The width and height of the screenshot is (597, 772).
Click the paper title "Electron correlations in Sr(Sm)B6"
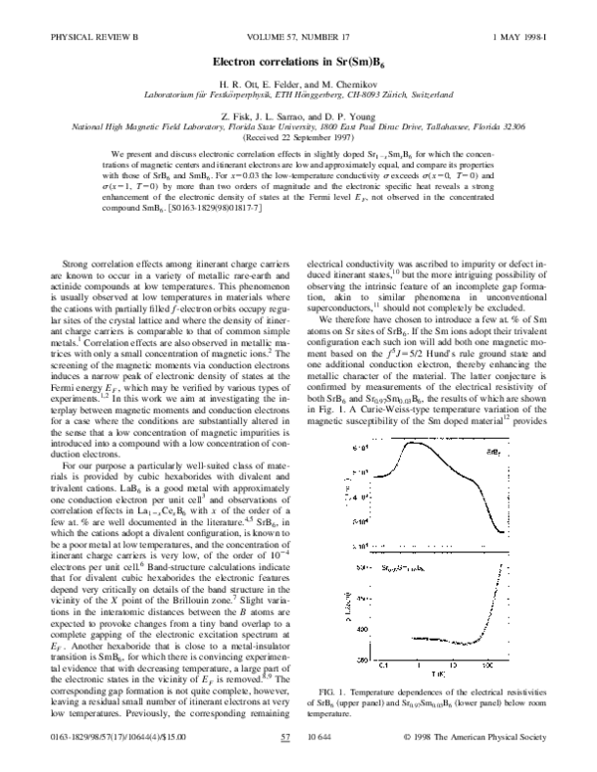[298, 62]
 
